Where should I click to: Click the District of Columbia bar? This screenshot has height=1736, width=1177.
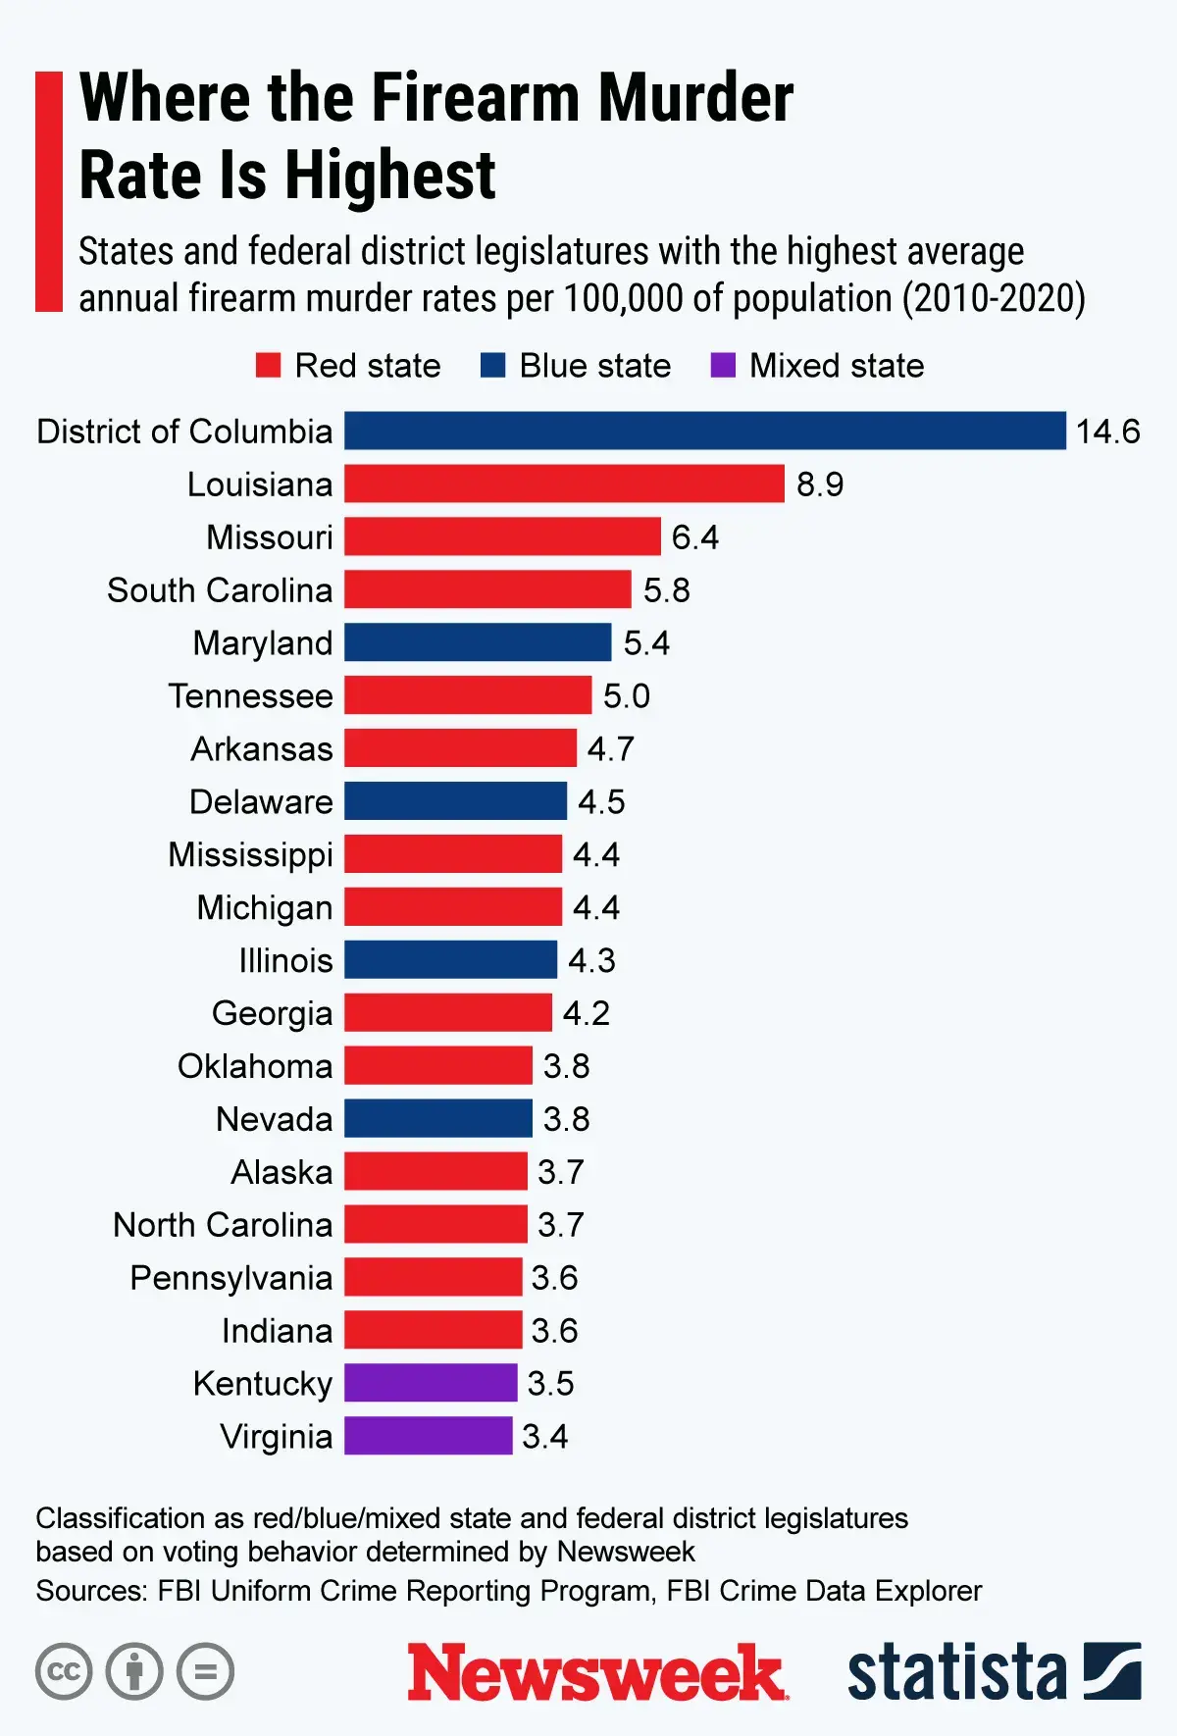[x=704, y=431]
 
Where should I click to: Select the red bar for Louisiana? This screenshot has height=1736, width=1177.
[x=564, y=484]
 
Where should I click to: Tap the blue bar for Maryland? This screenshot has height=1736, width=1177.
[x=478, y=642]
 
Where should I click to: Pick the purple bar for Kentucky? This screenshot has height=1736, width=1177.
[x=431, y=1383]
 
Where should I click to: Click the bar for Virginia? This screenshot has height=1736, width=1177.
[x=428, y=1436]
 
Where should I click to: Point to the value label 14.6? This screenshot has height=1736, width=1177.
[x=1107, y=432]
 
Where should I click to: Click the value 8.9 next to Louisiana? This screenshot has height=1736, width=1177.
[x=819, y=485]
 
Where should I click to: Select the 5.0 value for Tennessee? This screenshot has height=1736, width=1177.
[x=626, y=696]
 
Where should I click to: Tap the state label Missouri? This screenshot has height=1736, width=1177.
[x=270, y=537]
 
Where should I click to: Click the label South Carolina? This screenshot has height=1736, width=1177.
[x=220, y=590]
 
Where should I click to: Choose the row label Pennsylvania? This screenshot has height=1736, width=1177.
[x=231, y=1278]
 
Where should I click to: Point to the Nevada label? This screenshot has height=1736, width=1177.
[x=275, y=1119]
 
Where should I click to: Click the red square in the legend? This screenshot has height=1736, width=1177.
[x=268, y=366]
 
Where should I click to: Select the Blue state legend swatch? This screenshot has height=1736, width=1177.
[x=492, y=366]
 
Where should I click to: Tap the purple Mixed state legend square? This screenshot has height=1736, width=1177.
[x=723, y=366]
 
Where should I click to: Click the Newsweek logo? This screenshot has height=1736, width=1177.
[x=596, y=1672]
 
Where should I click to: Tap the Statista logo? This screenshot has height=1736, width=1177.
[x=993, y=1671]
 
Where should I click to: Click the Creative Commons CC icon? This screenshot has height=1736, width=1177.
[x=64, y=1671]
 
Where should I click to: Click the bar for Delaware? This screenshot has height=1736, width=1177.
[x=455, y=801]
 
